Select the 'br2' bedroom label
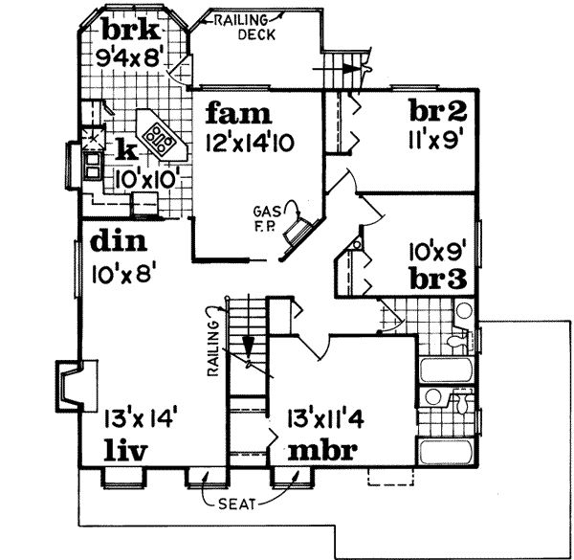pos(437,110)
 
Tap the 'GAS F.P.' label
pos(265,215)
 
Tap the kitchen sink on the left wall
pos(94,168)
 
